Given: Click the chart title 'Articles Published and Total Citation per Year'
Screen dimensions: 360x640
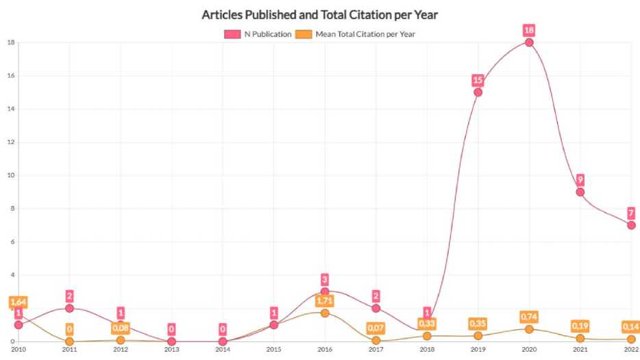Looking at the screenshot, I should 319,14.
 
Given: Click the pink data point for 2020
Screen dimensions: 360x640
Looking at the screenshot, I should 529,43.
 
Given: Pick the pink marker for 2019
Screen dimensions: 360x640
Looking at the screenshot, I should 478,92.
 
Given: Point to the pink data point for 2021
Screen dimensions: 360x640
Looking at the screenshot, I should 580,192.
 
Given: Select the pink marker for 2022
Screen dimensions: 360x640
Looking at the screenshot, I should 631,225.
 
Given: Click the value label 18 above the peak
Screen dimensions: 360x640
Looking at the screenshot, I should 529,30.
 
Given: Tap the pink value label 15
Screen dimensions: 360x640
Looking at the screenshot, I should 478,80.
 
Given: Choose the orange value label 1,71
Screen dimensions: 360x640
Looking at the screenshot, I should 324,300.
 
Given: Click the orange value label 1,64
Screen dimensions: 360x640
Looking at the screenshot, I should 18,302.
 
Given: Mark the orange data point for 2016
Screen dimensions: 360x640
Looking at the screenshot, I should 324,313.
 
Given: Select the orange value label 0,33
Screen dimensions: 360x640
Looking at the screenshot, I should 427,324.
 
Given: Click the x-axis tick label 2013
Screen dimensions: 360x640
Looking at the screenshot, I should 171,350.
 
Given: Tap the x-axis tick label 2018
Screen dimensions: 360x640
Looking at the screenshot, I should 427,350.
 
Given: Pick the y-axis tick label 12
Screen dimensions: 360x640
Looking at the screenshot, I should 10,142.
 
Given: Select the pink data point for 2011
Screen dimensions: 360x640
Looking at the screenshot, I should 69,308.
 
